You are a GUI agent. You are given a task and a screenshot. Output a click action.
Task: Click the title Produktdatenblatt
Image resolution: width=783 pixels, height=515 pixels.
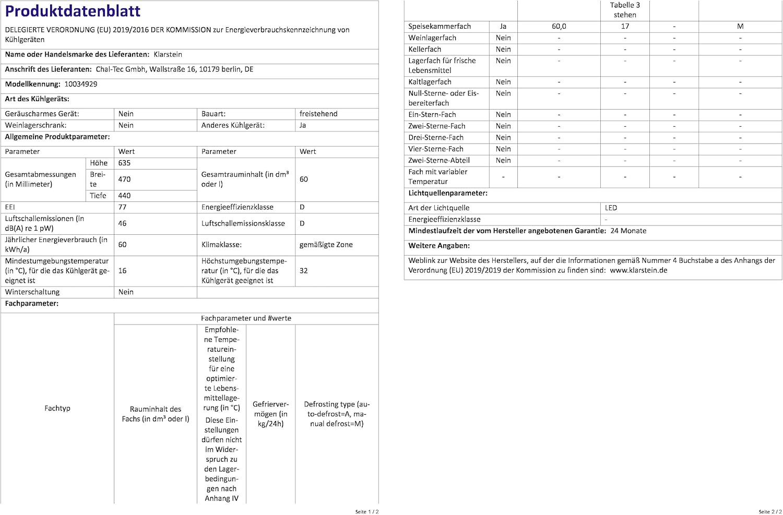pos(73,11)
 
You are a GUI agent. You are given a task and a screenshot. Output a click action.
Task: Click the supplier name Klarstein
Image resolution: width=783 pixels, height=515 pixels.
pos(168,54)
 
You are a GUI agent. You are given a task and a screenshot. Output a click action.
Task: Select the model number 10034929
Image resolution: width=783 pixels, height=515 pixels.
pos(81,84)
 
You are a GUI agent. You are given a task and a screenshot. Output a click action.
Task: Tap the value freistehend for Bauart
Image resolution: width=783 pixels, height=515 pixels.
pos(318,114)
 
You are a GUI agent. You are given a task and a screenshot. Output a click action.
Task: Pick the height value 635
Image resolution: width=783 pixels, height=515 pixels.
pos(124,163)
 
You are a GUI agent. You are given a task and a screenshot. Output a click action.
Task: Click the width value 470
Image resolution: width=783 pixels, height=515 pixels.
pos(124,179)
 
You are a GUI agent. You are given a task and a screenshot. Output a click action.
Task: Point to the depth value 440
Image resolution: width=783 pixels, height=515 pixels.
pos(124,196)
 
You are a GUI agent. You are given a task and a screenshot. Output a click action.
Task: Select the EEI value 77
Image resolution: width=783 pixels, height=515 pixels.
pos(123,207)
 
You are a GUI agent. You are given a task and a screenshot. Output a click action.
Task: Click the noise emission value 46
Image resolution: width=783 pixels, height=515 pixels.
pos(123,223)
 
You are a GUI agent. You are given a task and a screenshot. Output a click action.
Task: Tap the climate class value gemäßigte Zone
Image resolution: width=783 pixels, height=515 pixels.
pos(326,245)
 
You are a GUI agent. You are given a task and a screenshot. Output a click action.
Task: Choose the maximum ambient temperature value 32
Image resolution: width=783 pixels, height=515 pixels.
pos(304,271)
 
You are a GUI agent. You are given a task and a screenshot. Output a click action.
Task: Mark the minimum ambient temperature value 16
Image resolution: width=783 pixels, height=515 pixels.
pos(123,271)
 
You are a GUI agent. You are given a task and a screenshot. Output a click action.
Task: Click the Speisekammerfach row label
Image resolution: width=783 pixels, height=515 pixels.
pos(440,26)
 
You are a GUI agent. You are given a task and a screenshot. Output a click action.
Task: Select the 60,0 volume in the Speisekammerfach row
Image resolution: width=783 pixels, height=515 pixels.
pos(559,26)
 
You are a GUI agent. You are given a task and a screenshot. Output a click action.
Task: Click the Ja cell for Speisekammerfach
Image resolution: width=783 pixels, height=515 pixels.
pos(503,26)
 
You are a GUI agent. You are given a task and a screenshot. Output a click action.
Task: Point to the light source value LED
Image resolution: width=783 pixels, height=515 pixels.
pos(611,208)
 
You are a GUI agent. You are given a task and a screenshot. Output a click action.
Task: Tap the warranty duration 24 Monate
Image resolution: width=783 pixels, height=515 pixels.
pos(628,231)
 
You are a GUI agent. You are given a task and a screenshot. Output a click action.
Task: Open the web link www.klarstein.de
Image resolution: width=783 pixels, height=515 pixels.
pos(638,270)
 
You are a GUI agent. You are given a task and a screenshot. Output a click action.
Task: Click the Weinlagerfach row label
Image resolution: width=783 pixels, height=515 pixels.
pos(432,38)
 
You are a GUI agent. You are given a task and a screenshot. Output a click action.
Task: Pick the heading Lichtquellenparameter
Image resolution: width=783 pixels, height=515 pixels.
pos(447,193)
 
